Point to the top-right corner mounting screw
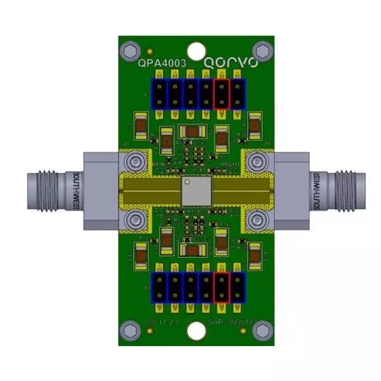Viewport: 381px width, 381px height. coord(261,48)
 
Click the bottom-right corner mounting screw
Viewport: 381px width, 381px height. coord(261,330)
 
